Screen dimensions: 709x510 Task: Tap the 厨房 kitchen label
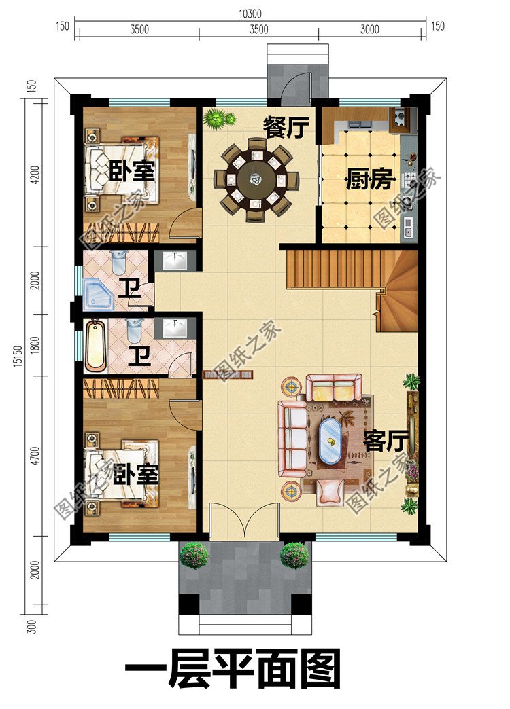(370, 181)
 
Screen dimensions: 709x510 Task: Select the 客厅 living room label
(386, 441)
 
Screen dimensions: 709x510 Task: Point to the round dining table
(256, 179)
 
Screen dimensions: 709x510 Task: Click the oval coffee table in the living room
(331, 441)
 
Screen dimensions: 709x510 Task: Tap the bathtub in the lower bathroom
(95, 346)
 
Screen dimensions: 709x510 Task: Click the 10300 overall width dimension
(250, 14)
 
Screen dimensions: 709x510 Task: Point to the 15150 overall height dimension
(14, 354)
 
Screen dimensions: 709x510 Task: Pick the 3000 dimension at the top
(371, 29)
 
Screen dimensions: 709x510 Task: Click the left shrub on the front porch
(194, 555)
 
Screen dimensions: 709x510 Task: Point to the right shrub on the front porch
(294, 555)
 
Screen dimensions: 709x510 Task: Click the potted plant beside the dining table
(218, 119)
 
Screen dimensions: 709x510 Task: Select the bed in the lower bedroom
(122, 472)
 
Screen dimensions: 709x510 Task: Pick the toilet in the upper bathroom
(119, 261)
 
